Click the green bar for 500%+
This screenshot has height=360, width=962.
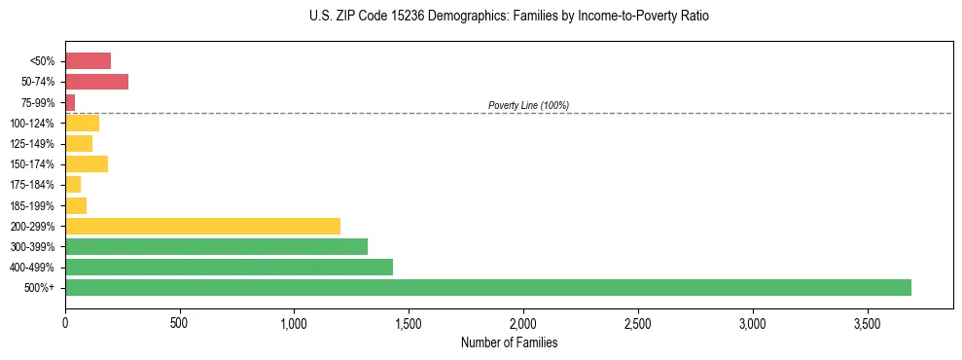point(487,287)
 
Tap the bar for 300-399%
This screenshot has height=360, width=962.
point(216,246)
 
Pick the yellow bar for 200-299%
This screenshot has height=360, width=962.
point(202,226)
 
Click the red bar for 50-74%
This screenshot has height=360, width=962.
point(96,82)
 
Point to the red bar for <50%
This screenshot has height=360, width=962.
point(88,61)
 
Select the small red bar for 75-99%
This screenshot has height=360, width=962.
point(70,102)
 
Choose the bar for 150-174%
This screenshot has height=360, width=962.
point(87,164)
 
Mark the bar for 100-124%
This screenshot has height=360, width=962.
point(82,124)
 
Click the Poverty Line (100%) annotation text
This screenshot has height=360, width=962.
point(528,105)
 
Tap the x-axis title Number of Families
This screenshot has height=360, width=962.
point(509,342)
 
